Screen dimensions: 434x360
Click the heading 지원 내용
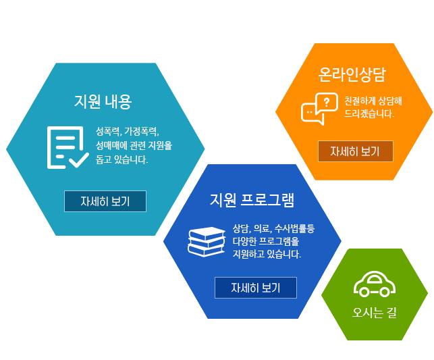click(103, 101)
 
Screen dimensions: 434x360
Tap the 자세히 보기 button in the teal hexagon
click(105, 201)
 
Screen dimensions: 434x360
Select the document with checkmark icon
click(67, 147)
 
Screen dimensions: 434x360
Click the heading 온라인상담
click(352, 74)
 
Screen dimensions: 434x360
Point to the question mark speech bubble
click(327, 103)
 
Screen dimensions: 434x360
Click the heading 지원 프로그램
click(252, 200)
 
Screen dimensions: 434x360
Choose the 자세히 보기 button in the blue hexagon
click(256, 288)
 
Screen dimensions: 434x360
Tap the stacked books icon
click(207, 242)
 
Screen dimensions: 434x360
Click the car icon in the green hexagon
click(375, 284)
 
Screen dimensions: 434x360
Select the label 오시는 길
click(375, 313)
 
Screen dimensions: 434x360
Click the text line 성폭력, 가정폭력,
click(128, 131)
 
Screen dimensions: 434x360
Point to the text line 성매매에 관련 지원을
click(134, 145)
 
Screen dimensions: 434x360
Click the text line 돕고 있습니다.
click(121, 159)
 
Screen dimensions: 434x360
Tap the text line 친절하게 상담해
click(373, 101)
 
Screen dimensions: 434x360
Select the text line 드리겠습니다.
click(369, 113)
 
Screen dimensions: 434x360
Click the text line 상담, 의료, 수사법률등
click(273, 229)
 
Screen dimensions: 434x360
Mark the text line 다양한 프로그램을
click(266, 241)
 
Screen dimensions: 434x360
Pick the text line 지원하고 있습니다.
click(267, 254)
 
